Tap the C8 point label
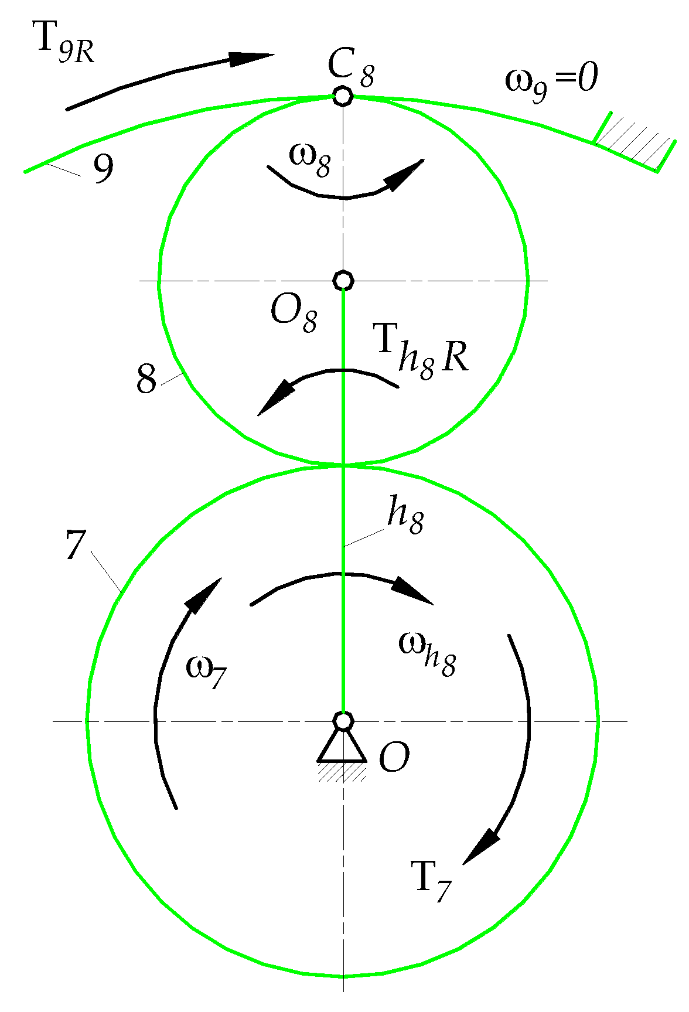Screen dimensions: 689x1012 tap(350, 65)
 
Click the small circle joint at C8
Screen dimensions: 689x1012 tap(342, 96)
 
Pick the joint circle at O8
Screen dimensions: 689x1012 tap(343, 281)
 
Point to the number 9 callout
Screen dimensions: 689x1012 tap(103, 169)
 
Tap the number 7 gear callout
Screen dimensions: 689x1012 tap(75, 544)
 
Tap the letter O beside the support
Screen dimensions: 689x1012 tap(394, 759)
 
